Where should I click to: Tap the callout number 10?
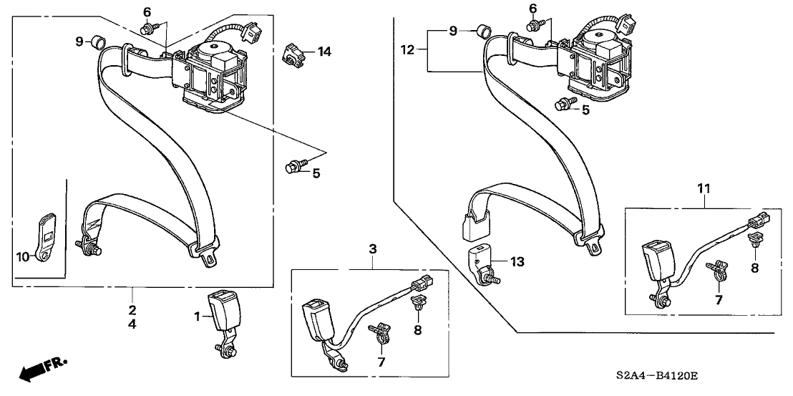tap(23, 256)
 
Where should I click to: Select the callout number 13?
tap(517, 262)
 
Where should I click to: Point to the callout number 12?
tap(408, 49)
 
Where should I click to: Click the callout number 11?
tap(704, 188)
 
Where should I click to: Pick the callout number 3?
tap(373, 248)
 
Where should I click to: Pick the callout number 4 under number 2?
tap(132, 324)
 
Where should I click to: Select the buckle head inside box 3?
tap(316, 319)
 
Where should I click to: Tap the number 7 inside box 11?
tap(719, 300)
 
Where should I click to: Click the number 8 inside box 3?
tap(418, 330)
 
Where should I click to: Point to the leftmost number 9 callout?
tap(79, 42)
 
